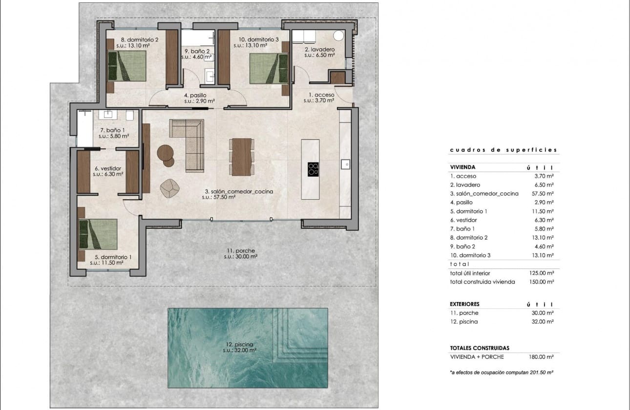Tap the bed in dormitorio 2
coord(127,66)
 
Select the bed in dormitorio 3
coord(268,68)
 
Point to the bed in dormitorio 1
coord(99,234)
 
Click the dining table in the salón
coord(242,157)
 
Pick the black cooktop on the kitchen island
coord(314,169)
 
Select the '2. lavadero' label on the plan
coord(320,49)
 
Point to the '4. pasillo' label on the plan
coord(195,96)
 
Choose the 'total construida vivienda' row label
coord(482,282)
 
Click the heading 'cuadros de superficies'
coord(503,150)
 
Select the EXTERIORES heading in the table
coord(464,304)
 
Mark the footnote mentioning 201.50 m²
coord(501,372)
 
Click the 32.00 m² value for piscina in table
coord(544,322)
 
